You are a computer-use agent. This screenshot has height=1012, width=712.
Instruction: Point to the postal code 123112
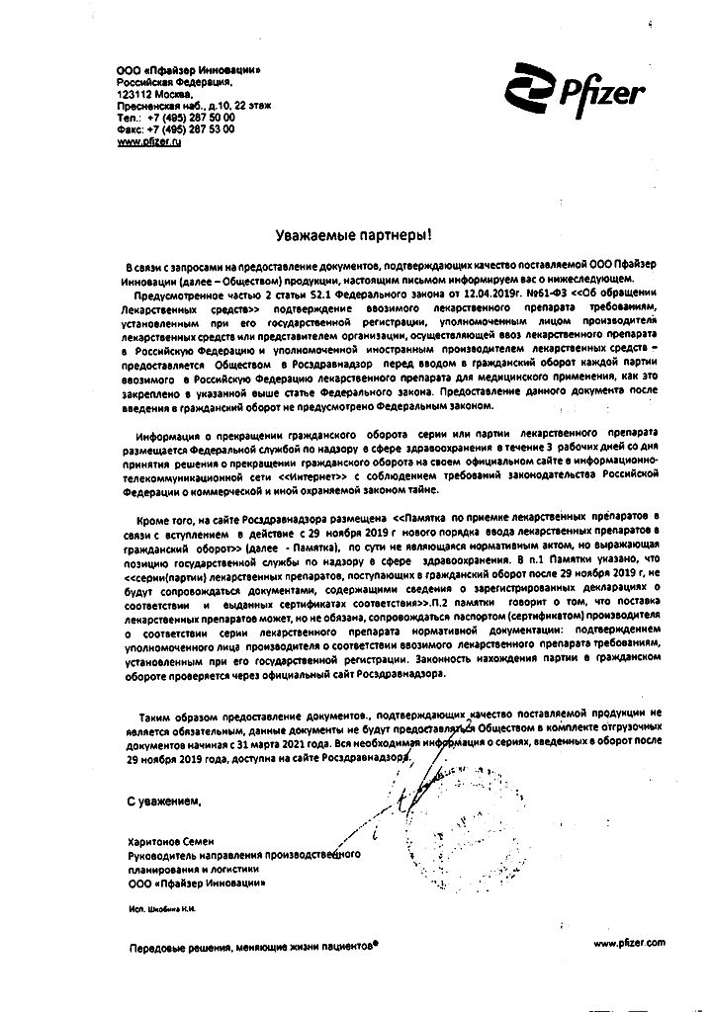135,90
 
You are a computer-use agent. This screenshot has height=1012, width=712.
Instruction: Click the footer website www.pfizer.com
630,944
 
